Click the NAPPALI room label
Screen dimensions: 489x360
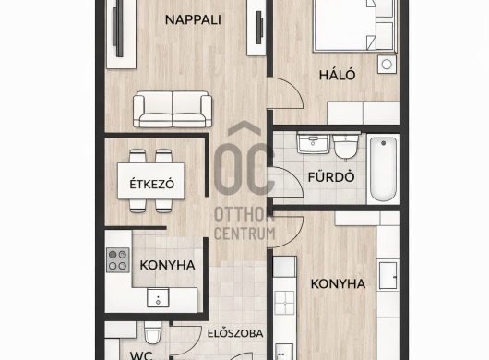tap(193, 20)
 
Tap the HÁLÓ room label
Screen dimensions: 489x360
tap(337, 75)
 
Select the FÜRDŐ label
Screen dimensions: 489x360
tap(331, 176)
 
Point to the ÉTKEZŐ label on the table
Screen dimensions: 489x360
tap(152, 184)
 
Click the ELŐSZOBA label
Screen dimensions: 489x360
tap(235, 333)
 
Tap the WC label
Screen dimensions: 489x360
tap(141, 355)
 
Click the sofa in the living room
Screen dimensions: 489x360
tap(173, 109)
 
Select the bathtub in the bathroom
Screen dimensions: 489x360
tap(383, 170)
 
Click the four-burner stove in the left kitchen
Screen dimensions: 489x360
tap(118, 260)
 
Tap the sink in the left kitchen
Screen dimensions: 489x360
tap(158, 297)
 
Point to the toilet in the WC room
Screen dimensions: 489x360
tap(152, 332)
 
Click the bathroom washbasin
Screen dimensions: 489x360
tap(314, 143)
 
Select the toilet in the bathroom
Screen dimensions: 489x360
tap(345, 147)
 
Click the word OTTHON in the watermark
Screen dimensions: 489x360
tap(244, 215)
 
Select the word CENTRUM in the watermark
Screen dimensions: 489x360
tap(244, 234)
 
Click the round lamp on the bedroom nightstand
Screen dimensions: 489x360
tap(387, 65)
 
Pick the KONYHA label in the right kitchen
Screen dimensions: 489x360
tap(338, 284)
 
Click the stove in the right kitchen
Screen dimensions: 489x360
tap(284, 302)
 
